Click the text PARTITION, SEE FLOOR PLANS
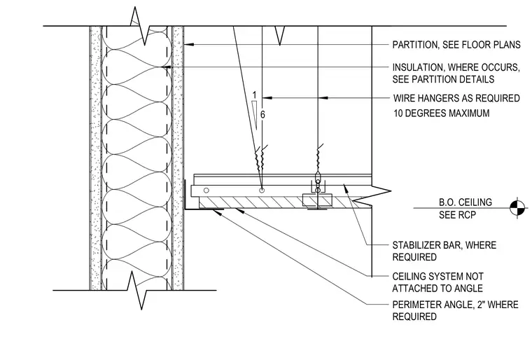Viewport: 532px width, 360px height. [x=456, y=45]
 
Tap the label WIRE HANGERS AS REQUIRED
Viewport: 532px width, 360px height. [x=456, y=98]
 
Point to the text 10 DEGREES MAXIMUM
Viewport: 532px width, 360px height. [x=442, y=113]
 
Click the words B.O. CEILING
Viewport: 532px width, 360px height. [x=465, y=202]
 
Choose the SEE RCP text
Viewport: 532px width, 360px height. [x=457, y=215]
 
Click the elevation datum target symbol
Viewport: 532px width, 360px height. [x=517, y=207]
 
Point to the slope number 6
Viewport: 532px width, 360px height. [x=262, y=115]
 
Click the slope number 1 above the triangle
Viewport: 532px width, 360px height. [x=255, y=95]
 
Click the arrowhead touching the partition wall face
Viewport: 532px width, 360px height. [x=188, y=45]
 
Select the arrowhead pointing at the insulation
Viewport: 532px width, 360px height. [x=167, y=67]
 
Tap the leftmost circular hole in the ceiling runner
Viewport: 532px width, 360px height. [x=206, y=191]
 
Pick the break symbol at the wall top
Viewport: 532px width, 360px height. [x=140, y=25]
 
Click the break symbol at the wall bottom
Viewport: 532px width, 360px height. [x=137, y=291]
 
